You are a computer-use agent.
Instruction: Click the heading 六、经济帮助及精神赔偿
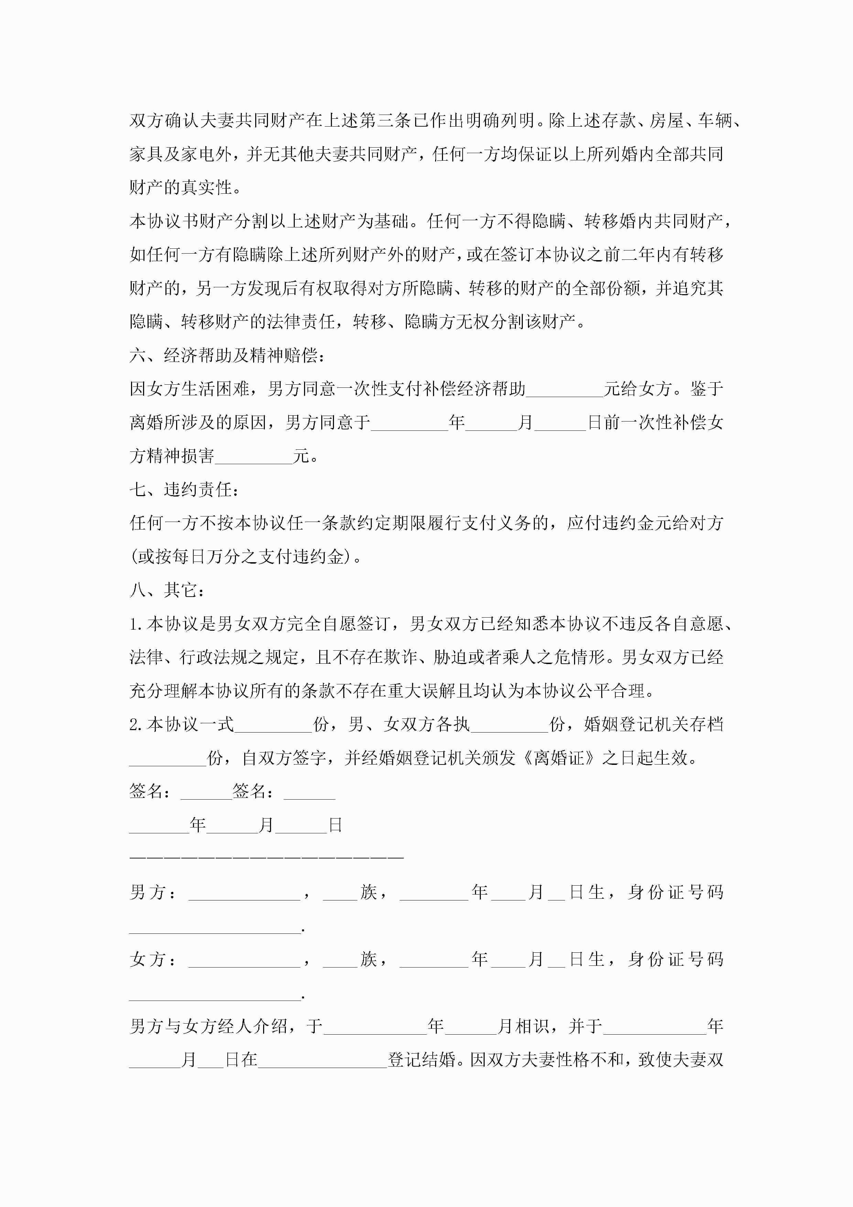tap(227, 356)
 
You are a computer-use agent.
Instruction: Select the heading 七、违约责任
tap(184, 490)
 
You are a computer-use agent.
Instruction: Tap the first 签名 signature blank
tap(206, 792)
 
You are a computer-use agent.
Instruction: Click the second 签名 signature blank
tap(309, 792)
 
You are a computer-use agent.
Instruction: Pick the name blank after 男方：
tap(244, 893)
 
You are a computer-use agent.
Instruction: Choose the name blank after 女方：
tap(244, 959)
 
